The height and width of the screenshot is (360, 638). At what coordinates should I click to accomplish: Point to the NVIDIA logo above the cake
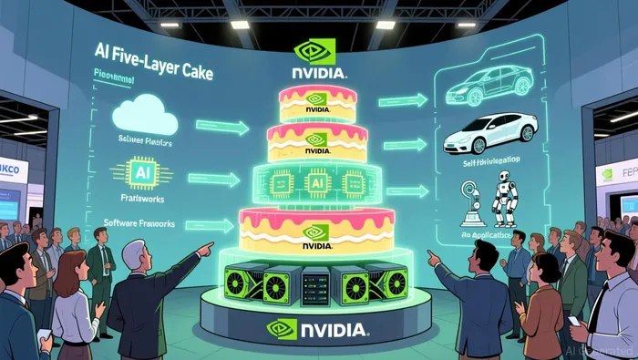point(317,58)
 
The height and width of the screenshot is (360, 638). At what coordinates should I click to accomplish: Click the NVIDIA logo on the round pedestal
point(316,327)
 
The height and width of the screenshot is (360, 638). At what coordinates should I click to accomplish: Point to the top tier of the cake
point(317,102)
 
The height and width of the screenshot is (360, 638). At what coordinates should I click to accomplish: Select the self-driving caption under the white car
point(492,163)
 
